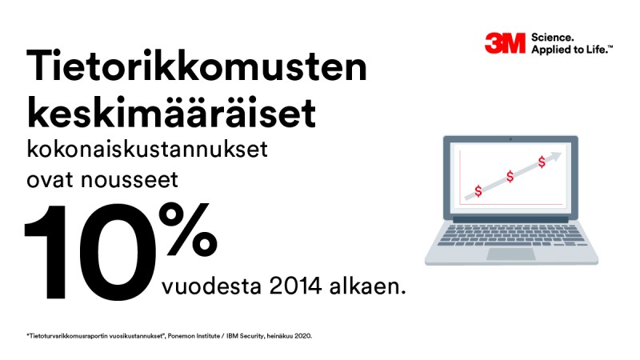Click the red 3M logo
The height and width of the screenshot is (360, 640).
coord(505,43)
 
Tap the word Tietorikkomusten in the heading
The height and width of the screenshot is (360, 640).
coord(197,66)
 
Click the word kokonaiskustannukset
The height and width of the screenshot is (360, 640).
coord(147,149)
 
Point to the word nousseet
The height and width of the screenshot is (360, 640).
coord(130,180)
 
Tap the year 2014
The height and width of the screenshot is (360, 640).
coord(295,286)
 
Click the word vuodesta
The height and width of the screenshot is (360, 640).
coord(211,286)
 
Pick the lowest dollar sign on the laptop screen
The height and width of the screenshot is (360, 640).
coord(478,190)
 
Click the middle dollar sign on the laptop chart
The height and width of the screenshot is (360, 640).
coord(510,176)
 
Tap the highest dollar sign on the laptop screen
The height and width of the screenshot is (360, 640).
coord(542,162)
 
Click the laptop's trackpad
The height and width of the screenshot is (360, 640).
coord(511,254)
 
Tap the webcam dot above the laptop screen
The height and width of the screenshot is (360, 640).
coord(510,139)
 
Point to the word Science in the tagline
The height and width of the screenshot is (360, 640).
coord(552,38)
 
